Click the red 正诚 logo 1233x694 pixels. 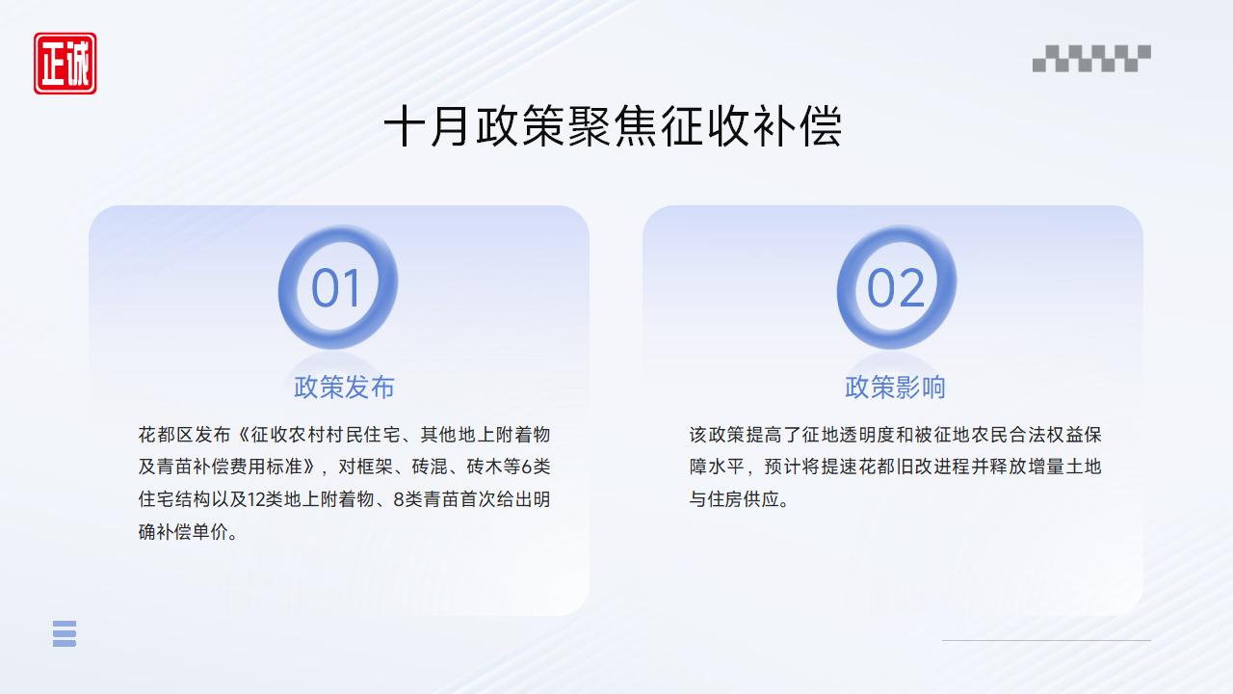pyautogui.click(x=66, y=64)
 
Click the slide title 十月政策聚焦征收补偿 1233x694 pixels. pyautogui.click(x=613, y=127)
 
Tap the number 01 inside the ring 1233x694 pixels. pyautogui.click(x=336, y=288)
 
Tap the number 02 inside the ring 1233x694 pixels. pyautogui.click(x=896, y=288)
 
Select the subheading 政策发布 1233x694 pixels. pyautogui.click(x=344, y=387)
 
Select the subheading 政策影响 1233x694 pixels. pyautogui.click(x=895, y=387)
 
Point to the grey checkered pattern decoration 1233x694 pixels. pyautogui.click(x=1091, y=58)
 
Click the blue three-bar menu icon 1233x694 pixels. pyautogui.click(x=65, y=633)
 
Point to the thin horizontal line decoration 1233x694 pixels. pyautogui.click(x=1046, y=640)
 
